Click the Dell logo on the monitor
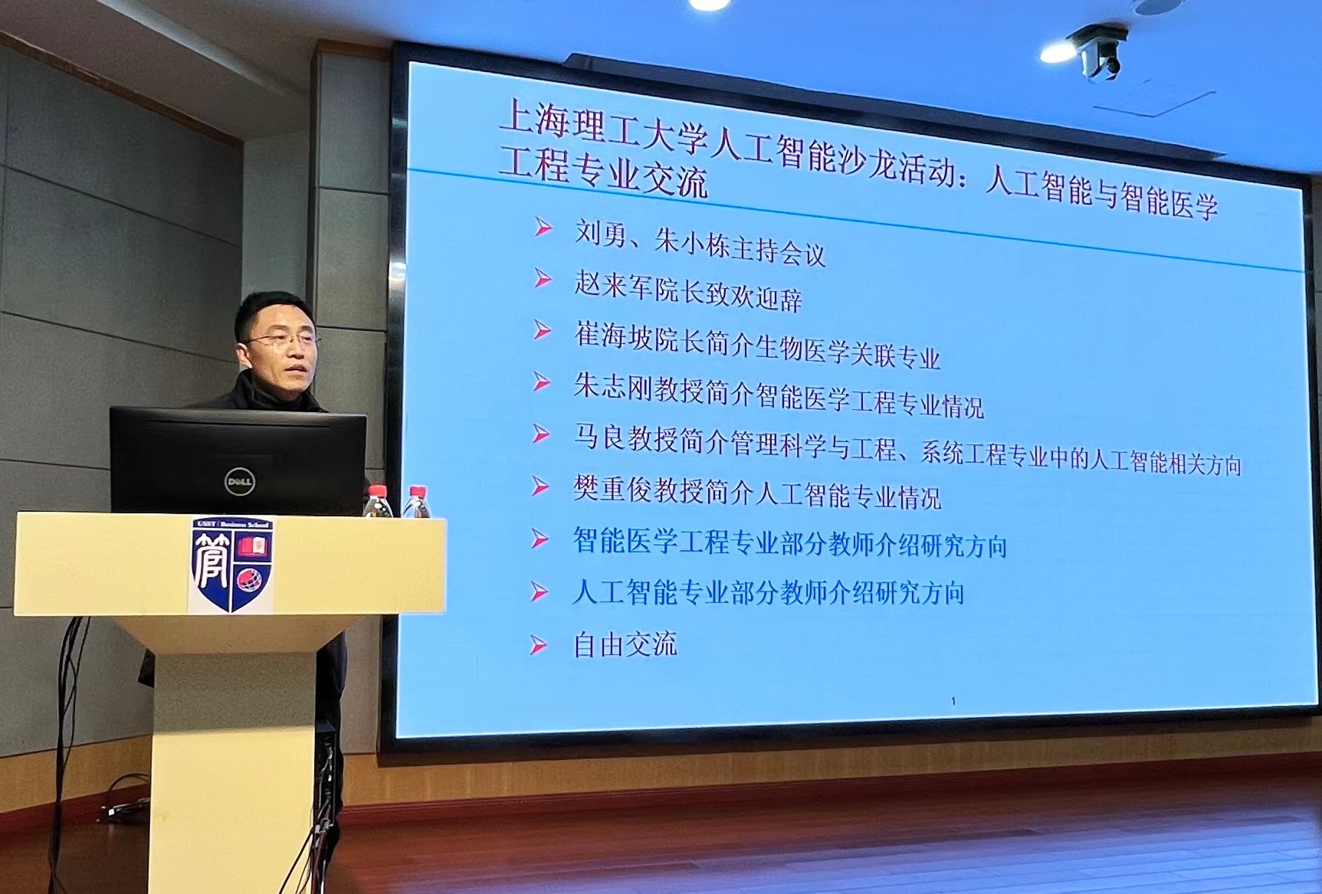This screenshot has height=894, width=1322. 239,480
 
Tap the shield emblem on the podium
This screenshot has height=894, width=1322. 232,565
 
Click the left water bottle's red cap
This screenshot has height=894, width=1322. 376,490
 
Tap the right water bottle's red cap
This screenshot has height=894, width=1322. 417,491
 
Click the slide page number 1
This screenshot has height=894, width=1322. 953,701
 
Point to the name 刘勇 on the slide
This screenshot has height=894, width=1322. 601,233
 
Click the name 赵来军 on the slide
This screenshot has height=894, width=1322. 614,285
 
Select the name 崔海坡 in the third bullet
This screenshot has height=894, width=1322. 614,336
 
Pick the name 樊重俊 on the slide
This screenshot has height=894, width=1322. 612,488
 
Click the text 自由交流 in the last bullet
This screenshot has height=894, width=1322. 625,644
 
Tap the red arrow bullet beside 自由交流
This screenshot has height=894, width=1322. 540,645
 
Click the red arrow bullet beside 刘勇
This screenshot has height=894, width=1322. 543,228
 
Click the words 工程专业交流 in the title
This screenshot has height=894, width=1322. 603,174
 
